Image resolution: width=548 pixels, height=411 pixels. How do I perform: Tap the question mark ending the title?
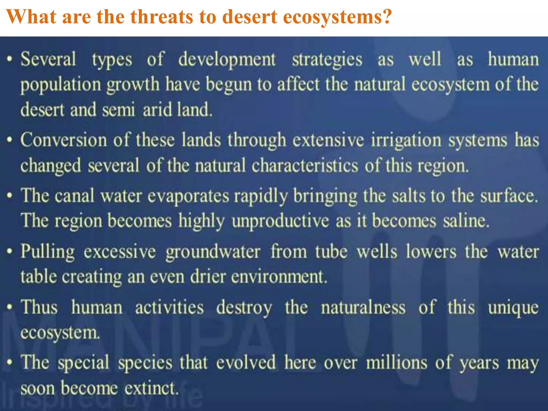386,17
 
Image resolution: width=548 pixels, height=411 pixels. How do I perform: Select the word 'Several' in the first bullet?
48,59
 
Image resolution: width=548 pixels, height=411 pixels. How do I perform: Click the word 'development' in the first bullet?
227,59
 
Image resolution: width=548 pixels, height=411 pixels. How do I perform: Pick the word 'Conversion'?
64,140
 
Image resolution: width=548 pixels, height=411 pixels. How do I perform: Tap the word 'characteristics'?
305,166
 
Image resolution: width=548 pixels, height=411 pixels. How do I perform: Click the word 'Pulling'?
48,252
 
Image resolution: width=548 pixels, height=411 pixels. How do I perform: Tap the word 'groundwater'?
213,252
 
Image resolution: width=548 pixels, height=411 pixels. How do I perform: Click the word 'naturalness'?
363,307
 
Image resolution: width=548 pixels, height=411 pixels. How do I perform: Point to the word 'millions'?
397,363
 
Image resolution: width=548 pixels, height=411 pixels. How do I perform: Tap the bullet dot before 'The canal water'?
10,195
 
